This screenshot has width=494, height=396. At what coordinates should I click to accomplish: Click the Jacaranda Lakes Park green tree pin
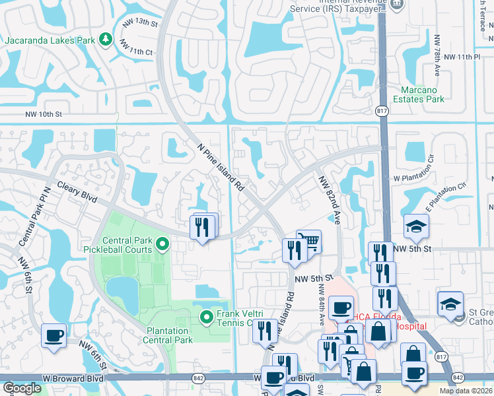tap(105, 40)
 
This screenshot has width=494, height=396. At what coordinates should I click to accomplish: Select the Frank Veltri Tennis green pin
tap(207, 317)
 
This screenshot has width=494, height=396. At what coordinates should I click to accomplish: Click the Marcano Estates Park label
tap(423, 94)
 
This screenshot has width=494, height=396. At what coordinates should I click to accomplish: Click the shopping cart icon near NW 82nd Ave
tap(308, 241)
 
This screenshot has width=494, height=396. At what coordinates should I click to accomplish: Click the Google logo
tap(22, 388)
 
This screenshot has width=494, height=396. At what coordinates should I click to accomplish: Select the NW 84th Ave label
tap(322, 304)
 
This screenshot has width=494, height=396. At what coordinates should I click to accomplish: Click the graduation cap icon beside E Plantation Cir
tap(416, 227)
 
